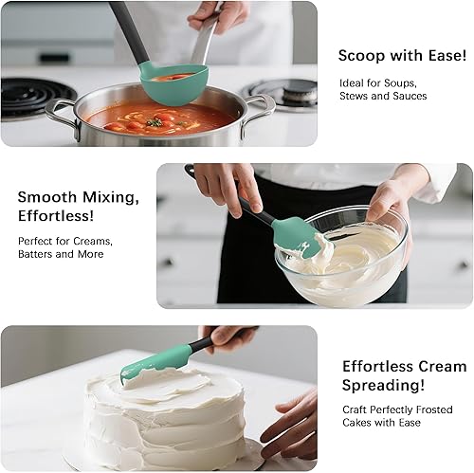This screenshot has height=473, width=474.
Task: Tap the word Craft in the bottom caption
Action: (x=356, y=409)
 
